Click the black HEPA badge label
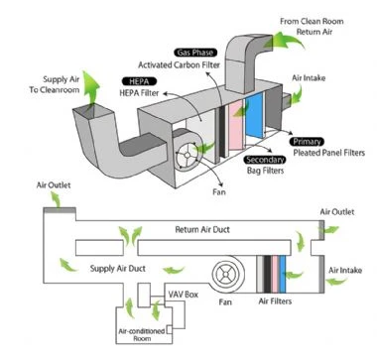[139, 81]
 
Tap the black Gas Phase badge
[195, 53]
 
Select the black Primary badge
[307, 142]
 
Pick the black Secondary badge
[265, 160]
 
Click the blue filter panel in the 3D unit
[254, 115]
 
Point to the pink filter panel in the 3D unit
[236, 125]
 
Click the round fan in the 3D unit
[187, 155]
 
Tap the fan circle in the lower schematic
[225, 274]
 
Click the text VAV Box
[184, 295]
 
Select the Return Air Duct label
[202, 229]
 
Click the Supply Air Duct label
[118, 268]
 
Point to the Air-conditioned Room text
[142, 334]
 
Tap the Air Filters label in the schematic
[275, 301]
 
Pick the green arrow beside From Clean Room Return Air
[287, 41]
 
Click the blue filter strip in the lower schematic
[283, 274]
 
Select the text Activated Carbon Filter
[179, 64]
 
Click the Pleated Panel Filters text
[329, 153]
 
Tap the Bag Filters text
[265, 171]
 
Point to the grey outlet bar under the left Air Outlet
[60, 210]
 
